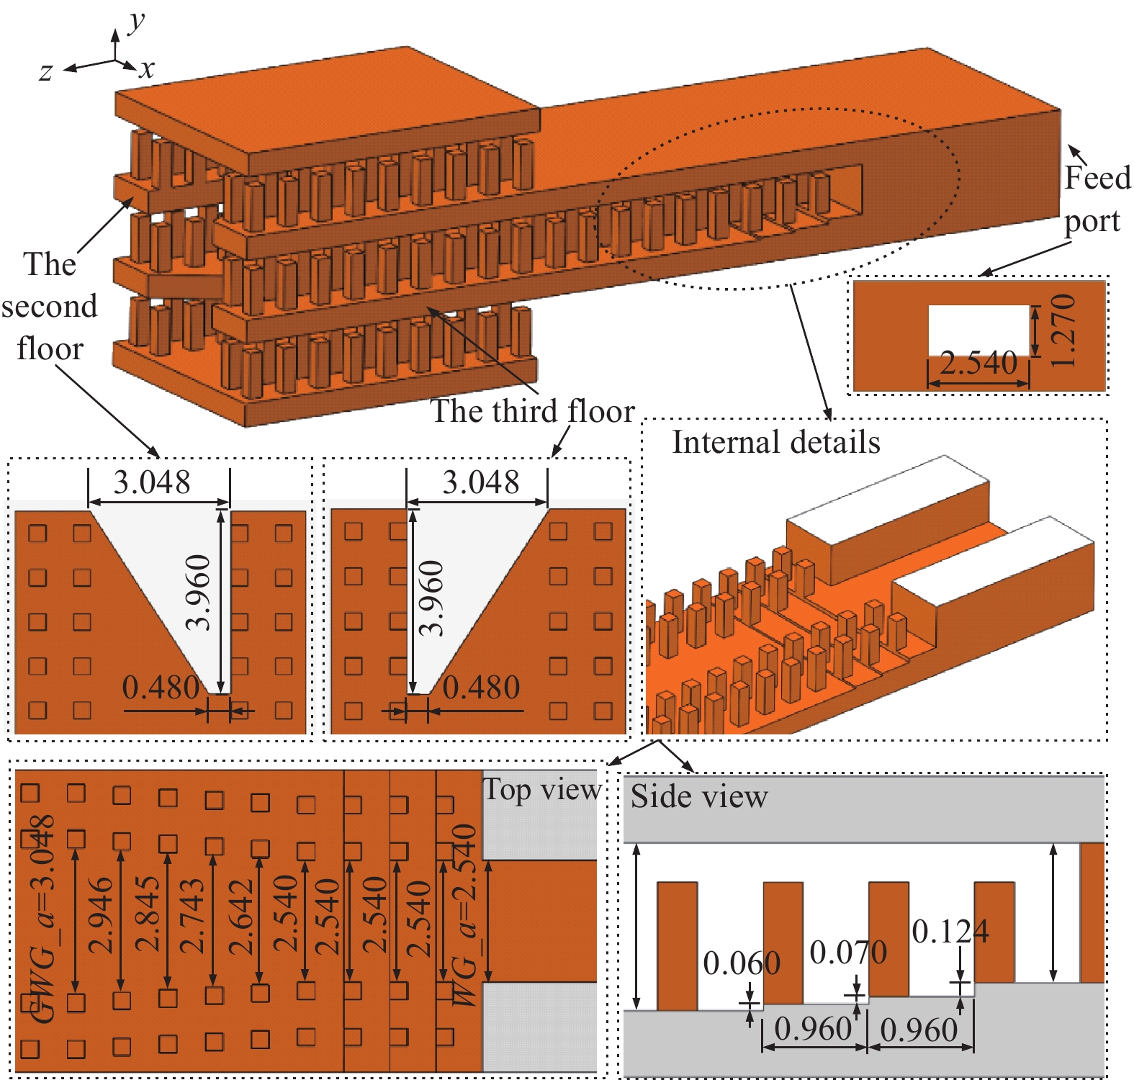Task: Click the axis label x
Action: click(147, 69)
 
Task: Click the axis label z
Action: click(46, 72)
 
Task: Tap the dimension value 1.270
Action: click(1063, 331)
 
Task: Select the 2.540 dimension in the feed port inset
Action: click(978, 363)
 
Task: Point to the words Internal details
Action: click(775, 442)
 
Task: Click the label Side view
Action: click(698, 796)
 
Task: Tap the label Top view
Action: click(541, 790)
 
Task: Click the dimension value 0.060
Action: click(742, 963)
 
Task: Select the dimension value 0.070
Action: click(848, 953)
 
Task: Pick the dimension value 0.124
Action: click(950, 932)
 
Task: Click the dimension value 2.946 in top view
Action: click(100, 915)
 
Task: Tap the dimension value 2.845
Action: click(147, 914)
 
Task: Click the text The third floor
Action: click(532, 411)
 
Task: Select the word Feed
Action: click(1097, 178)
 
